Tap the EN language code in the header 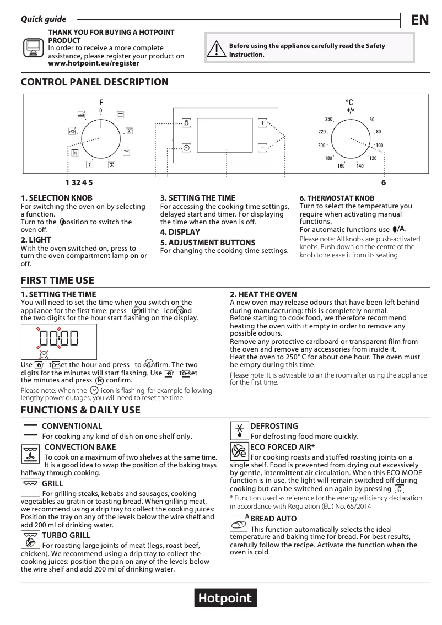click(419, 20)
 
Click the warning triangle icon click(218, 50)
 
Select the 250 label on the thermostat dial click(328, 120)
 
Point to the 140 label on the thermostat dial click(359, 166)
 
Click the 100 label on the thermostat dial click(380, 145)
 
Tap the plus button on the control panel click(262, 123)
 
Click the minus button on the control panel click(262, 147)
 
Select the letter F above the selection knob click(101, 103)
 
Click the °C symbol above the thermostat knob click(349, 103)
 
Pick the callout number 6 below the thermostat click(384, 182)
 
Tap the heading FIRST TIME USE click(57, 281)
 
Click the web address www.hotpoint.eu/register click(94, 63)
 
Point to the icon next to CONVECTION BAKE click(31, 453)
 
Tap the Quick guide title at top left click(44, 19)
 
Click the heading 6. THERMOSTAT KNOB click(337, 198)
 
